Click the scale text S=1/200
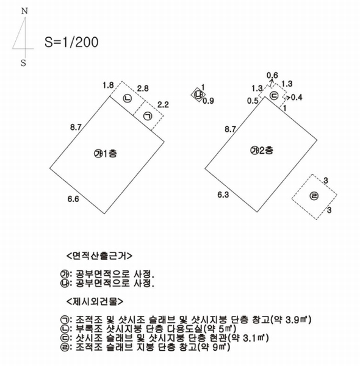point(71,42)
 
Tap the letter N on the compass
point(24,11)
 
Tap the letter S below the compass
point(23,63)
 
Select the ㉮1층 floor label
point(106,154)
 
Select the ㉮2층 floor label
point(262,150)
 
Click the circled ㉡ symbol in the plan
point(128,98)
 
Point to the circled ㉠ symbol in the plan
point(148,116)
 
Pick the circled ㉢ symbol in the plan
point(274,96)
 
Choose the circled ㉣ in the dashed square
point(314,196)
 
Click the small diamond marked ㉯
point(198,95)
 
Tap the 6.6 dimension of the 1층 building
point(73,199)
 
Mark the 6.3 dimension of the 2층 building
point(223,195)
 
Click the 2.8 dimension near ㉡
point(143,88)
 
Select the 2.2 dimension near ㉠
point(163,104)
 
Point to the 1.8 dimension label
point(108,85)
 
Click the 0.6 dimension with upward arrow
point(272,76)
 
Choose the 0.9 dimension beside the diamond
point(208,101)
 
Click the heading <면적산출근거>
point(99,256)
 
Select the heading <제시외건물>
point(95,301)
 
